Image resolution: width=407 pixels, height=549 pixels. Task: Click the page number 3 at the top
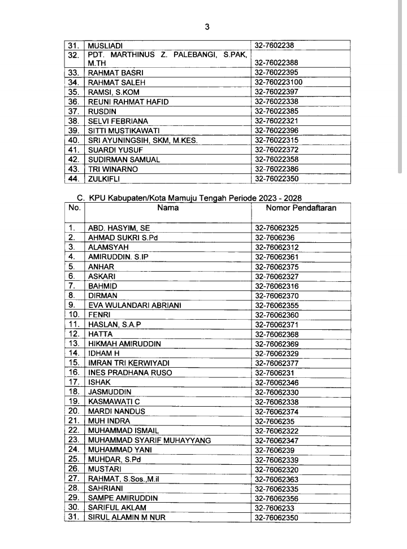207,26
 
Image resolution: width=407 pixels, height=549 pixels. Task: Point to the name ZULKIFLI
105,179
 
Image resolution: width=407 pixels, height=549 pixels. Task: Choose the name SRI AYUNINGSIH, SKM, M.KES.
142,140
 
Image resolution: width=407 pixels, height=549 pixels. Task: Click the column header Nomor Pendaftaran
301,208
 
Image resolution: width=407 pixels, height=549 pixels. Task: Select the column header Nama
168,208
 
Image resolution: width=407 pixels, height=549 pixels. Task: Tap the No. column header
75,208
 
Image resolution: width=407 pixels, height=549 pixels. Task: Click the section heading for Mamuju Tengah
189,198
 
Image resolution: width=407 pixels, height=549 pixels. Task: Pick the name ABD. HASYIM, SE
119,228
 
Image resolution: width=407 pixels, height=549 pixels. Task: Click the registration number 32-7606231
275,373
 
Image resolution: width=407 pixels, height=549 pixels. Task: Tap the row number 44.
74,179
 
